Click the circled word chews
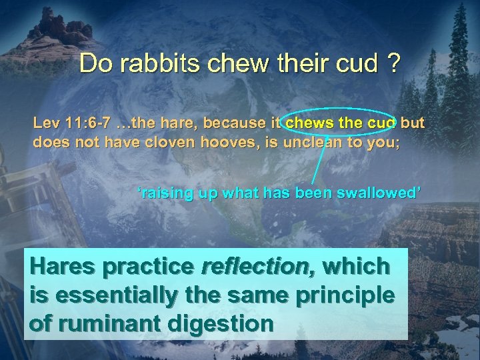coord(307,123)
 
